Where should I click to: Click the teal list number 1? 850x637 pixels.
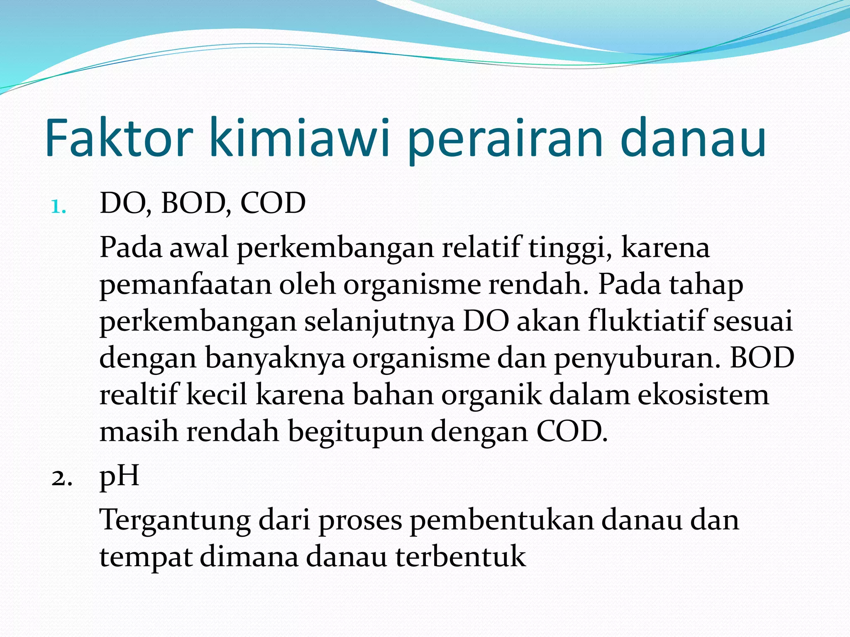click(59, 207)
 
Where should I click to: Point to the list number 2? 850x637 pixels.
click(62, 478)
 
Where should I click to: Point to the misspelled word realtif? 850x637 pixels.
click(139, 394)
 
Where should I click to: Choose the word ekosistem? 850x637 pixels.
click(703, 394)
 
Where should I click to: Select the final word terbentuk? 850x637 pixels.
click(461, 557)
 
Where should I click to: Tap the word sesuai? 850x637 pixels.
click(753, 322)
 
